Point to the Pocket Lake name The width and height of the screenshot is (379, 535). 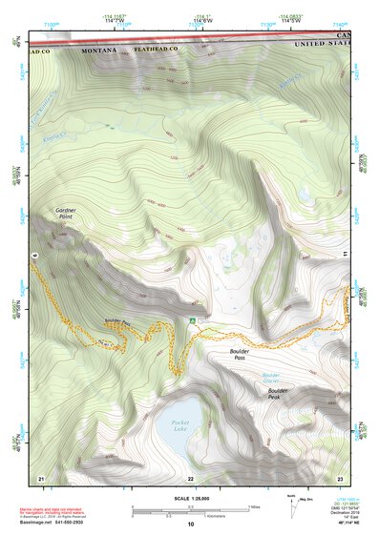(180, 425)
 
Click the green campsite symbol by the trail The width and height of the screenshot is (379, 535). (193, 320)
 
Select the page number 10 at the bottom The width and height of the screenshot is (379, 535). (190, 525)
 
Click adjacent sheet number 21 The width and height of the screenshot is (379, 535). (40, 477)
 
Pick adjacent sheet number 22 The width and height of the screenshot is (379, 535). (190, 477)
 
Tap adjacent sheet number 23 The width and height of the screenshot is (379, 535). (339, 477)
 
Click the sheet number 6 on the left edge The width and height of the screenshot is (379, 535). (32, 257)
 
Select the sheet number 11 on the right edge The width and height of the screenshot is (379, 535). (346, 254)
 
